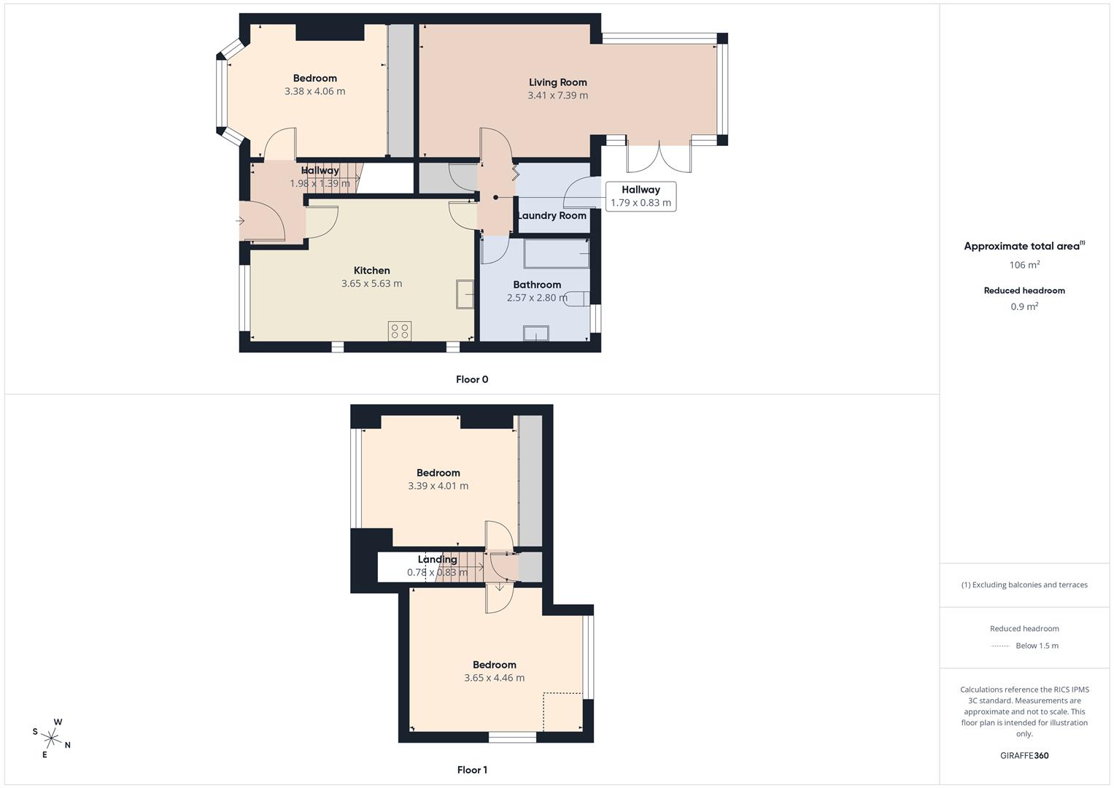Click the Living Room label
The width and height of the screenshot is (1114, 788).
point(557,82)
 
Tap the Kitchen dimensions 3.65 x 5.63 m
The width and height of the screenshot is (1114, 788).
point(371,284)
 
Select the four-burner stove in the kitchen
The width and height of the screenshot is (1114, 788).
point(400,331)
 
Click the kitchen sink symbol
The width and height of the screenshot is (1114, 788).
point(465,294)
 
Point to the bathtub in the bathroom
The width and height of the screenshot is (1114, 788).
point(556,253)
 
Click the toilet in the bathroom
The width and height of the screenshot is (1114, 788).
point(579,298)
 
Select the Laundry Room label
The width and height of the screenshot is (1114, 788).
point(552,216)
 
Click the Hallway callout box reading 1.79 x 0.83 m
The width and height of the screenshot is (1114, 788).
point(641,196)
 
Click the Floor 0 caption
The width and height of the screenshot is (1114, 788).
point(472,379)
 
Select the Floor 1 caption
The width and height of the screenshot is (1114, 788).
point(472,770)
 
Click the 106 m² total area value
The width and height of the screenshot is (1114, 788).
point(1024,265)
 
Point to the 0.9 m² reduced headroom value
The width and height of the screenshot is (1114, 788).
point(1024,306)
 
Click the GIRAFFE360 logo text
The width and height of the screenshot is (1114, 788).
point(1024,755)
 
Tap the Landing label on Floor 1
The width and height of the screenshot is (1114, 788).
point(437,560)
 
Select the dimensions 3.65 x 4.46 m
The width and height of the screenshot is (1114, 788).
point(494,678)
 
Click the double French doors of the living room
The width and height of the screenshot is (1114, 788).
point(659,157)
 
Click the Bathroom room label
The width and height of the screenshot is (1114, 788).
point(537,285)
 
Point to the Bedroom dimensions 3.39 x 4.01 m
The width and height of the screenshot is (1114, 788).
point(438,486)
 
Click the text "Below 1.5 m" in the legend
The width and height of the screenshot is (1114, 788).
point(1037,646)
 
